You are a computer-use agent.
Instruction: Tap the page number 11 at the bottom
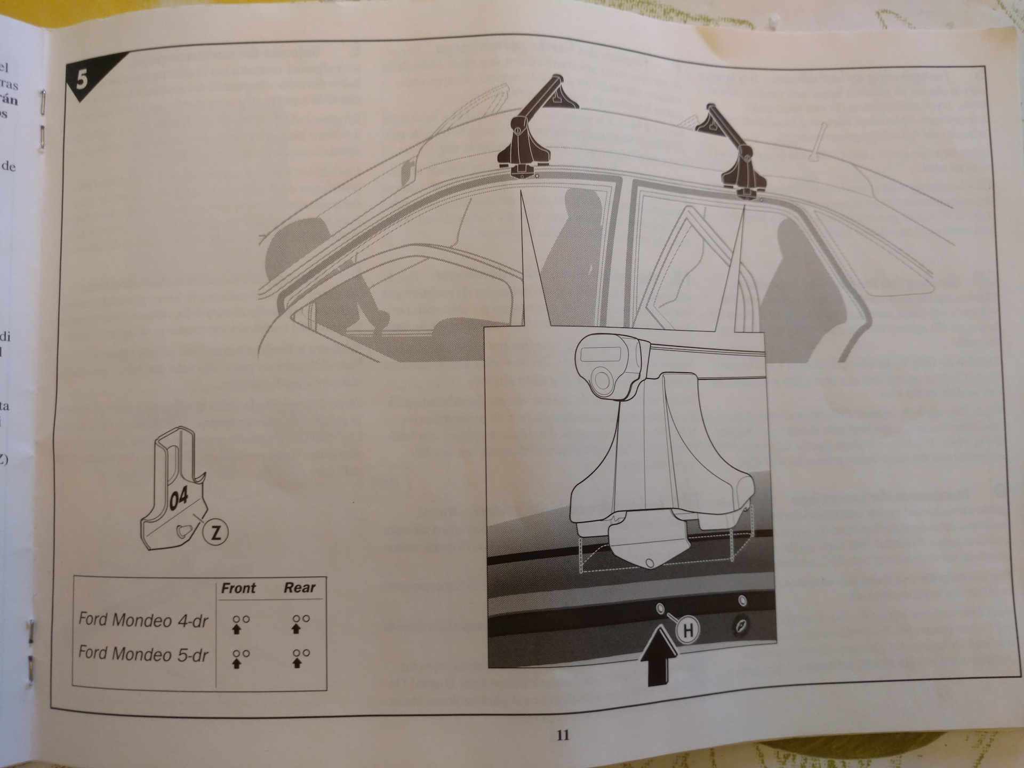coord(563,735)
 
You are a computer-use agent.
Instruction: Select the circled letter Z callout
coord(215,533)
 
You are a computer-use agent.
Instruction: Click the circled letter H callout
coord(688,631)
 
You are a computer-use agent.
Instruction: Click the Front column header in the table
coord(238,588)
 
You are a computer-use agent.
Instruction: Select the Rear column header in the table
coord(299,588)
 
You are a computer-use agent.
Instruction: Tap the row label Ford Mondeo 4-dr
coord(143,620)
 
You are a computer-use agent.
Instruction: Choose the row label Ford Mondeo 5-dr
coord(143,654)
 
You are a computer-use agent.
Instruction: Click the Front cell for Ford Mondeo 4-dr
coord(241,623)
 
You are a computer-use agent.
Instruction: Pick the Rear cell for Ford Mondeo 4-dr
coord(300,623)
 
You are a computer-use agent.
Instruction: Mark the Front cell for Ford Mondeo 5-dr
coord(241,658)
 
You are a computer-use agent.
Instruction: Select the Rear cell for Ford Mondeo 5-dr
coord(300,658)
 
